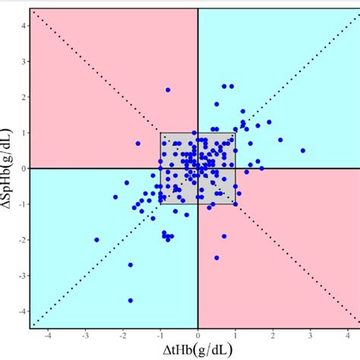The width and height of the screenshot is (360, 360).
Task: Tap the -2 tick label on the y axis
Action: tap(22, 240)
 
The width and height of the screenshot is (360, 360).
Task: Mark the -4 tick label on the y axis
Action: tap(22, 311)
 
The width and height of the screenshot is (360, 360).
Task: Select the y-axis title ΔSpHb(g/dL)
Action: tap(8, 168)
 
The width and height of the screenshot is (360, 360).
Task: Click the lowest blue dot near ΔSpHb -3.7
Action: tap(130, 301)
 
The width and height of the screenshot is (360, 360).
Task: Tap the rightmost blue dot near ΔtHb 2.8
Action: tap(302, 150)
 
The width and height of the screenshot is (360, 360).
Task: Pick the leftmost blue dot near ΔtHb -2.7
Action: tap(96, 240)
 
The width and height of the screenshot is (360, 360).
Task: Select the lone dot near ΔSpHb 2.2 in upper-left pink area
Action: tap(168, 90)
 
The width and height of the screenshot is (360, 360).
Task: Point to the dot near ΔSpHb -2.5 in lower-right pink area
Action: tap(216, 257)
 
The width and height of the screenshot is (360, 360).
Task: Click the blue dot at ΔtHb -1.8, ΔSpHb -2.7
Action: tap(131, 265)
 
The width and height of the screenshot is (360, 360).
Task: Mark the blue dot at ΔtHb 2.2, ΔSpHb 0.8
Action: tap(280, 140)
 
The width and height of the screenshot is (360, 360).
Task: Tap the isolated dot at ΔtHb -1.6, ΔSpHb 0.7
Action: tap(137, 144)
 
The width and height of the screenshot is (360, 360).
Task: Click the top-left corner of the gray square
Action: tap(160, 133)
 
